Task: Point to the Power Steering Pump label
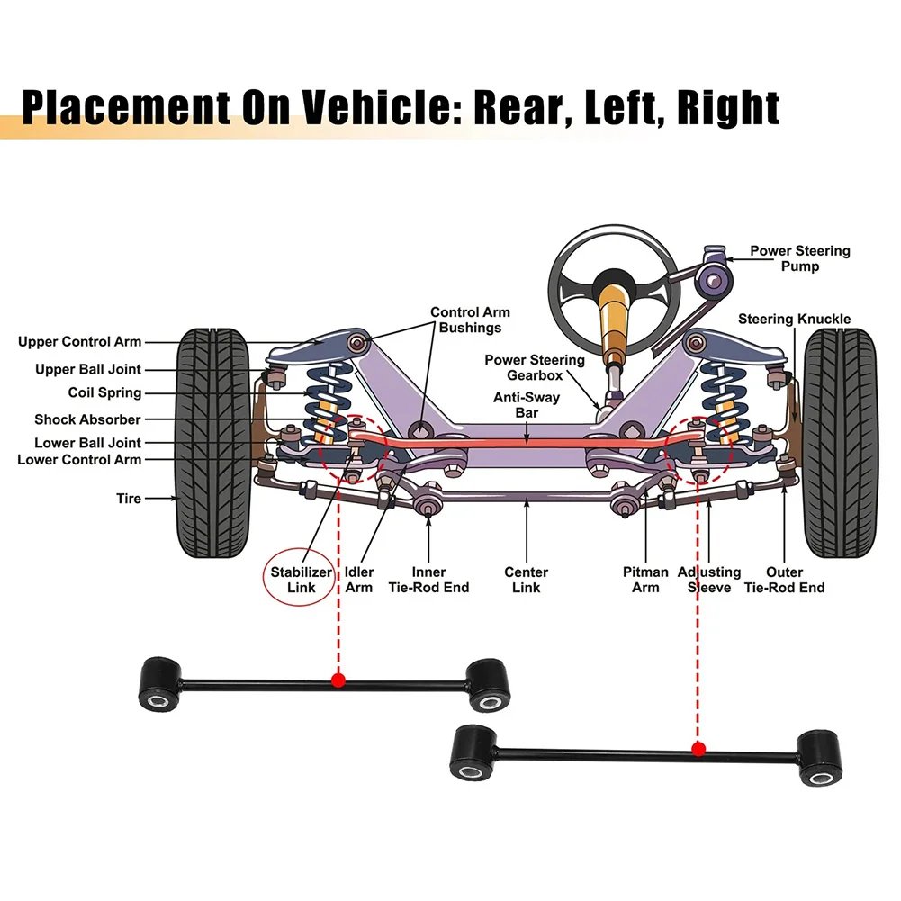(799, 259)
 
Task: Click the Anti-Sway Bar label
(527, 405)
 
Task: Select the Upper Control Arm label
(79, 342)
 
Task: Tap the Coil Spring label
(104, 393)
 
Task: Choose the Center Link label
(526, 580)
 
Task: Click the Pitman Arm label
(645, 580)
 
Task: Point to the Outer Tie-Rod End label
(783, 580)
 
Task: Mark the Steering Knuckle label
(794, 320)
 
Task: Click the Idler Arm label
(359, 580)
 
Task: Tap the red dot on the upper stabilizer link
(338, 680)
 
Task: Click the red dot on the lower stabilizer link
(698, 748)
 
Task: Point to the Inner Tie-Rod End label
(428, 580)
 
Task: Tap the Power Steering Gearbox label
(534, 367)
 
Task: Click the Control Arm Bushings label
(470, 320)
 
